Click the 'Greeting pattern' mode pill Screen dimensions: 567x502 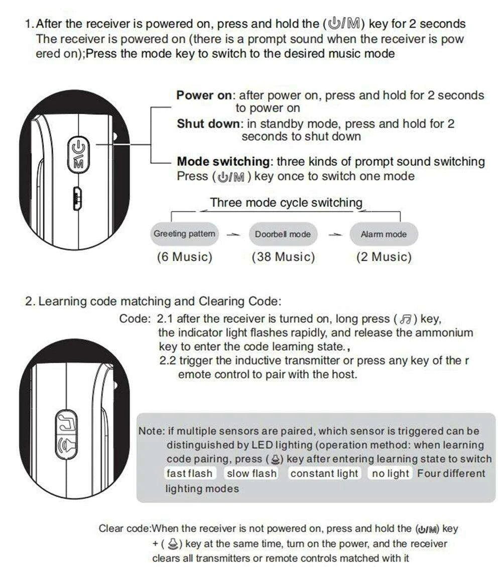(x=184, y=234)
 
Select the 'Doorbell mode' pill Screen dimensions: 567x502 (x=283, y=234)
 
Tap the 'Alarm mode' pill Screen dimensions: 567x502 (x=384, y=234)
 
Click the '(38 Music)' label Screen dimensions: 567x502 (x=283, y=257)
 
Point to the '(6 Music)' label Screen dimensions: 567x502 (x=184, y=257)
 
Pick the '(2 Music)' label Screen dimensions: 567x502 (x=384, y=257)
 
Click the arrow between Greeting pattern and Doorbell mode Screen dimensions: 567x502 (x=232, y=235)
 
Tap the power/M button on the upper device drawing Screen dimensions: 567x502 (x=79, y=153)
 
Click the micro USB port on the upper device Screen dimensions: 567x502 (x=77, y=198)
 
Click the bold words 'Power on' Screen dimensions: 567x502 (x=204, y=95)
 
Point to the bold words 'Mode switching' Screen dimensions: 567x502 (x=223, y=162)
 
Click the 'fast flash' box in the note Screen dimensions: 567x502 (x=190, y=474)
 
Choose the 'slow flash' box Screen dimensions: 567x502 (x=252, y=474)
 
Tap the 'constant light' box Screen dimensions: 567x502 (x=324, y=474)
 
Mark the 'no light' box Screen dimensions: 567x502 (x=391, y=474)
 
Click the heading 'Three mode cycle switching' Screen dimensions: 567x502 (x=286, y=203)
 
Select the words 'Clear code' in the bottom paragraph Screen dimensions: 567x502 (x=124, y=528)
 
